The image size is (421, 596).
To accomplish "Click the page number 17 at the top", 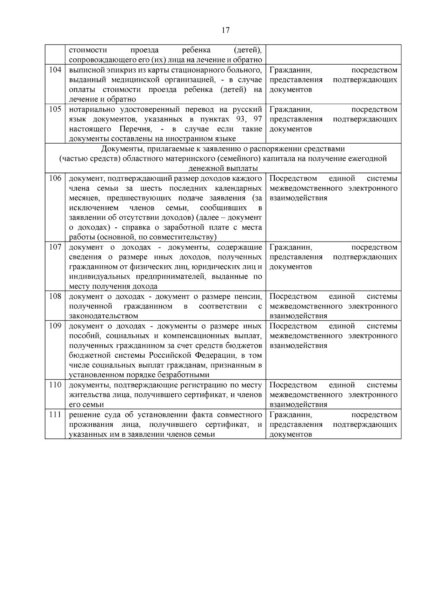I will [x=226, y=30].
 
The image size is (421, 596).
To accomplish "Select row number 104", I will [x=55, y=70].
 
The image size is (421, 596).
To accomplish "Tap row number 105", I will [x=55, y=109].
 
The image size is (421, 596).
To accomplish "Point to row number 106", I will [x=55, y=178].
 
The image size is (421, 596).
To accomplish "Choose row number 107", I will [x=55, y=247].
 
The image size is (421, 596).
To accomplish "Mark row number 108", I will [x=55, y=297].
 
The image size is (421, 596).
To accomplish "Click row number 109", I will [x=55, y=326].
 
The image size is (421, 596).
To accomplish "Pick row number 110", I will [x=55, y=385].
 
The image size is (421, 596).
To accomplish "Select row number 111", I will [x=55, y=415].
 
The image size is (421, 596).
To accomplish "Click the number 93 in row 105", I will [x=241, y=119].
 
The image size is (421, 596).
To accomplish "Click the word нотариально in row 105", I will [x=91, y=109].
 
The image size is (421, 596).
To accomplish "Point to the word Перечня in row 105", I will [x=135, y=129].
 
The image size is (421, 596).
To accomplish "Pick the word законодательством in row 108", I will [x=103, y=316].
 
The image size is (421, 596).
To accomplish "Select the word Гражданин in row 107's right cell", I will [x=290, y=247].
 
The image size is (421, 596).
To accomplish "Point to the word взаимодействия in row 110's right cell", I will [x=299, y=405].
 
